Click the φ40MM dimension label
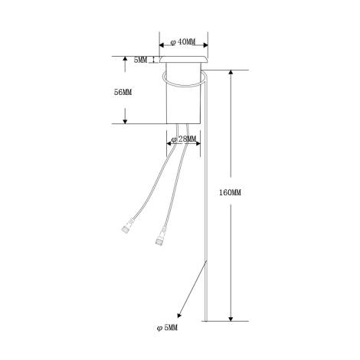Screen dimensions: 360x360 182,42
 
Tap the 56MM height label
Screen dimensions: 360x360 123,91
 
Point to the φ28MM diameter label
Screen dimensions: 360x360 184,139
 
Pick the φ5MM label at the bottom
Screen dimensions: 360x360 167,327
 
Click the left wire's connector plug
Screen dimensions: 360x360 124,227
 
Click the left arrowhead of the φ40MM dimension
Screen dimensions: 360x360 162,43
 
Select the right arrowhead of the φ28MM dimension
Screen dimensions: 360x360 198,139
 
